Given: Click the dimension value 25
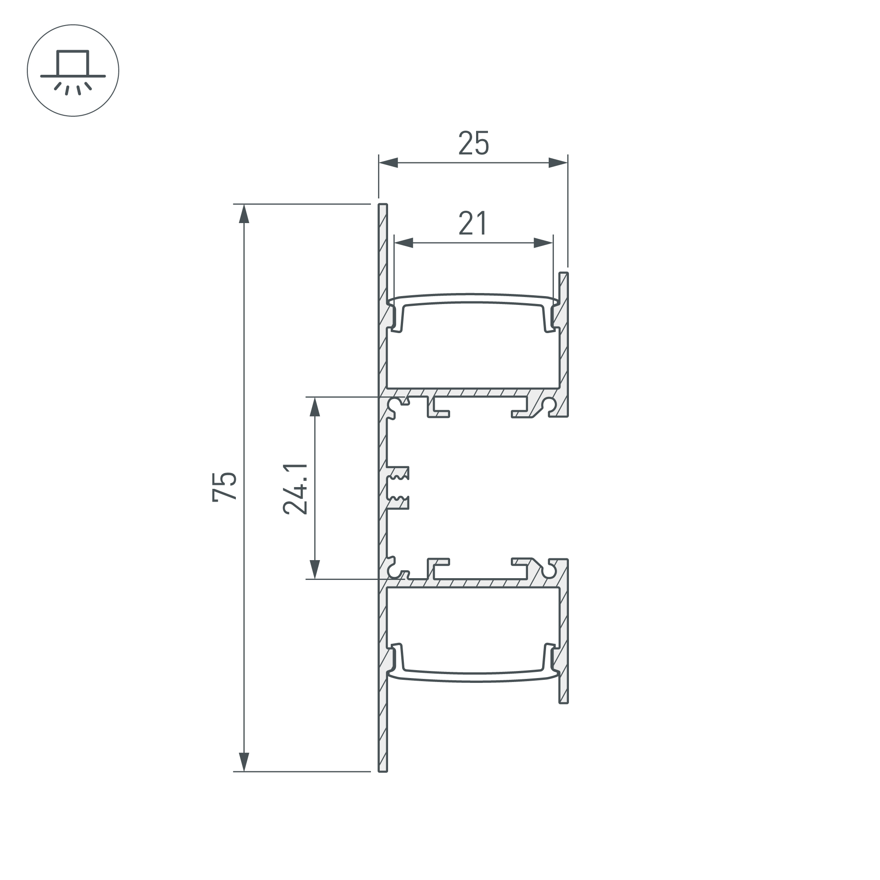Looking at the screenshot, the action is coord(473,143).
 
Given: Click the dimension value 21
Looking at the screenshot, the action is coord(473,223).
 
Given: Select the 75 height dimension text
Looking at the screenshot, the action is coord(224,487).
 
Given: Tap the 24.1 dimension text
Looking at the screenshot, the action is coord(295,489).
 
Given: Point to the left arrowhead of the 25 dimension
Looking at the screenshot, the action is coord(389,163).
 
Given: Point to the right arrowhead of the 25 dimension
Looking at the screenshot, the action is coord(558,163).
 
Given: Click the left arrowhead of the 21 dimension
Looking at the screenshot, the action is coord(403,243).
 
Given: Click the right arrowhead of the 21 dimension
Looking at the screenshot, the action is coord(543,243).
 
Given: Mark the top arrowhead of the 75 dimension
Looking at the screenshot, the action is coord(244,214).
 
